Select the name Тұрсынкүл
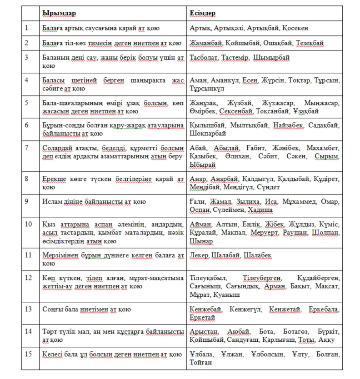(x=207, y=88)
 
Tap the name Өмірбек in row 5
(x=202, y=111)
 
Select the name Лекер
(x=199, y=255)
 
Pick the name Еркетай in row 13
(x=203, y=317)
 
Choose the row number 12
(x=29, y=278)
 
